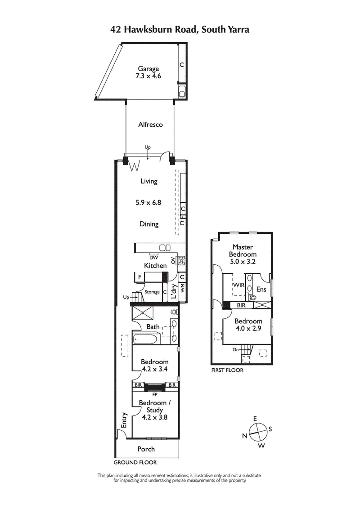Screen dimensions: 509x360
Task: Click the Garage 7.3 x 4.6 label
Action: (x=148, y=72)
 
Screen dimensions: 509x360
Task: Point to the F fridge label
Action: (x=140, y=277)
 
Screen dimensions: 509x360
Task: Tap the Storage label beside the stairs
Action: (x=152, y=292)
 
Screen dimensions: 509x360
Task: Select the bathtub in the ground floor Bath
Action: (x=146, y=338)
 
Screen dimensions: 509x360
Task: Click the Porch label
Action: (x=146, y=449)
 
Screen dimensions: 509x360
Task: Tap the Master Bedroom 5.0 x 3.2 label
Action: (x=243, y=254)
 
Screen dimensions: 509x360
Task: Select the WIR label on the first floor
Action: (x=238, y=285)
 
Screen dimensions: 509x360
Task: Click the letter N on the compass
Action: (x=244, y=435)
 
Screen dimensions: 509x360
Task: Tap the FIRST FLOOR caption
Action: (x=227, y=371)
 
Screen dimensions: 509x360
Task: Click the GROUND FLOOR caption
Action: (x=135, y=462)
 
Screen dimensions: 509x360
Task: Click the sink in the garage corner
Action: (x=182, y=94)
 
